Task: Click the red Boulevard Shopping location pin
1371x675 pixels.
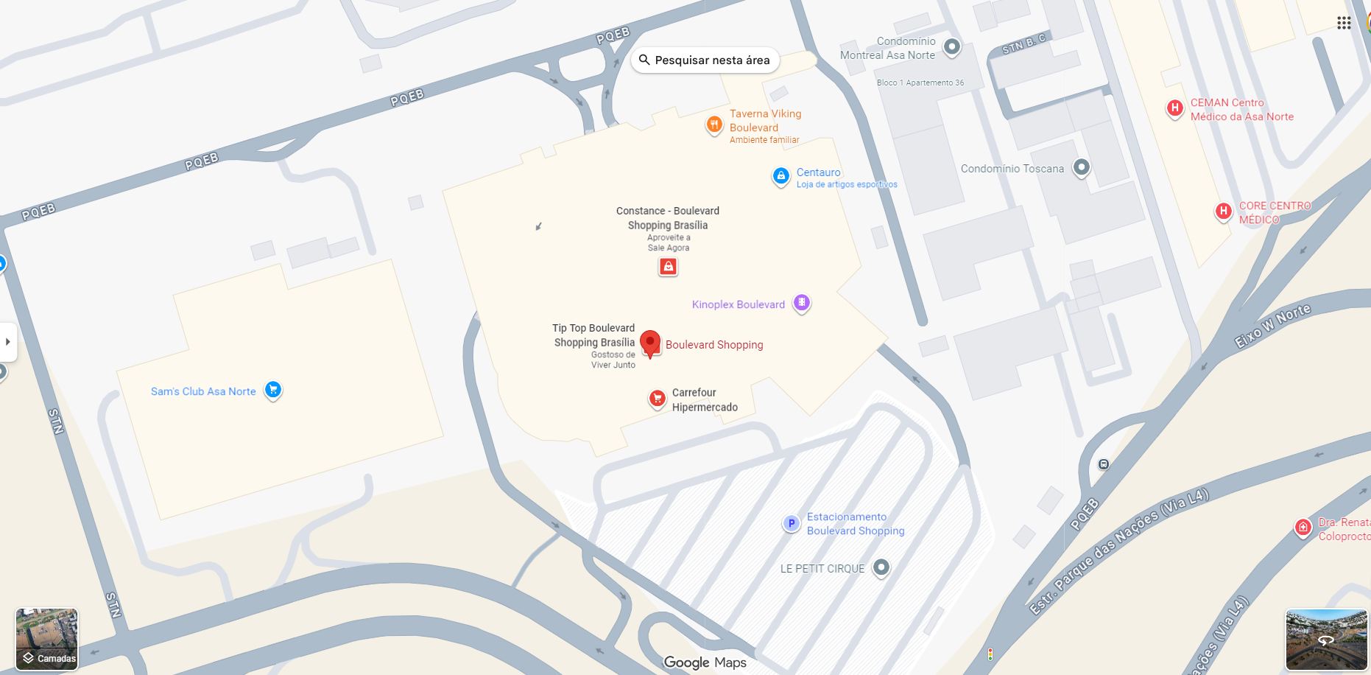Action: [x=649, y=343]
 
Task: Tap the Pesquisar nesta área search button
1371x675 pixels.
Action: [x=705, y=60]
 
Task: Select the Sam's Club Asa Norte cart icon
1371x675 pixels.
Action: [x=273, y=389]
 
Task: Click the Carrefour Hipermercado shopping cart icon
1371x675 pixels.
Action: [x=657, y=399]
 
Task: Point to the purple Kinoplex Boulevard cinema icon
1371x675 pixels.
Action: [x=801, y=303]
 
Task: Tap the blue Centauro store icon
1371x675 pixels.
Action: [x=780, y=176]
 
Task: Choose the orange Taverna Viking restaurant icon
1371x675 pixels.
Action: [x=713, y=125]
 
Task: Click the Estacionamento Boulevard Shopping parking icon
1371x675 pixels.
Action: [x=791, y=524]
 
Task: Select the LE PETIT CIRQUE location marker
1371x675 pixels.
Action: [x=881, y=567]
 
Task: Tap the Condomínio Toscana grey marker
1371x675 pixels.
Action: [x=1081, y=167]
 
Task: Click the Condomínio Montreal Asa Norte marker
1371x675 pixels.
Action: [x=952, y=47]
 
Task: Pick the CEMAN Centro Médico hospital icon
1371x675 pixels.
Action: [x=1174, y=108]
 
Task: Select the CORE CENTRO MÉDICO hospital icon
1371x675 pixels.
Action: [x=1223, y=211]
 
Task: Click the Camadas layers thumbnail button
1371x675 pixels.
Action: [x=46, y=639]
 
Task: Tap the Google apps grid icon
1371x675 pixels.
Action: [x=1344, y=23]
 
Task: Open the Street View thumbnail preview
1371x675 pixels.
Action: [x=1325, y=639]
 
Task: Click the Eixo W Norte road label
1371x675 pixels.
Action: [x=1272, y=326]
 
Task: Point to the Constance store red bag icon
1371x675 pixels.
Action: [x=668, y=267]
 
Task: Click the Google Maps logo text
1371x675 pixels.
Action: [x=705, y=662]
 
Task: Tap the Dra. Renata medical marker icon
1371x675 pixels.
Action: [x=1303, y=528]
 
